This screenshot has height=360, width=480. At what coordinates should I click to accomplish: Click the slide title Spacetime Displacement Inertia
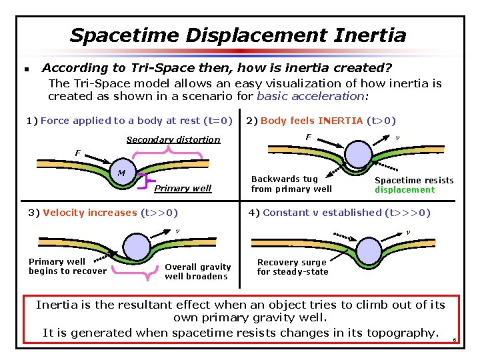238,35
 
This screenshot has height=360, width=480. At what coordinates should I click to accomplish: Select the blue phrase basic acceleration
311,96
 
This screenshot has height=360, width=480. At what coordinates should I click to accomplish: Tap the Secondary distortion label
173,139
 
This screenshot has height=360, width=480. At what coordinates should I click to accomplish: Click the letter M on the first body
121,174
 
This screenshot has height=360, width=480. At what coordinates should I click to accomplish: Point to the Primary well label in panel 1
183,188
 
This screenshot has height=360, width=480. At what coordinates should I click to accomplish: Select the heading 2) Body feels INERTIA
321,121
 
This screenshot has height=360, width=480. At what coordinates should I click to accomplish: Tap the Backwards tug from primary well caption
291,184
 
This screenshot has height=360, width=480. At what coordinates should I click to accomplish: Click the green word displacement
404,190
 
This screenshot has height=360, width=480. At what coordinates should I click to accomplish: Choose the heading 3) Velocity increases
103,213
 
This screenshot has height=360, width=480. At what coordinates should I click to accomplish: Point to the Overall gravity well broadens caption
197,271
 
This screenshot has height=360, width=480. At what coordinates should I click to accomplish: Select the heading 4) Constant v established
339,213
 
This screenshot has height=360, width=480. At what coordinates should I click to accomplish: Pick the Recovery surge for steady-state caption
293,267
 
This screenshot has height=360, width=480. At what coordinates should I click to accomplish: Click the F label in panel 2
308,137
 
